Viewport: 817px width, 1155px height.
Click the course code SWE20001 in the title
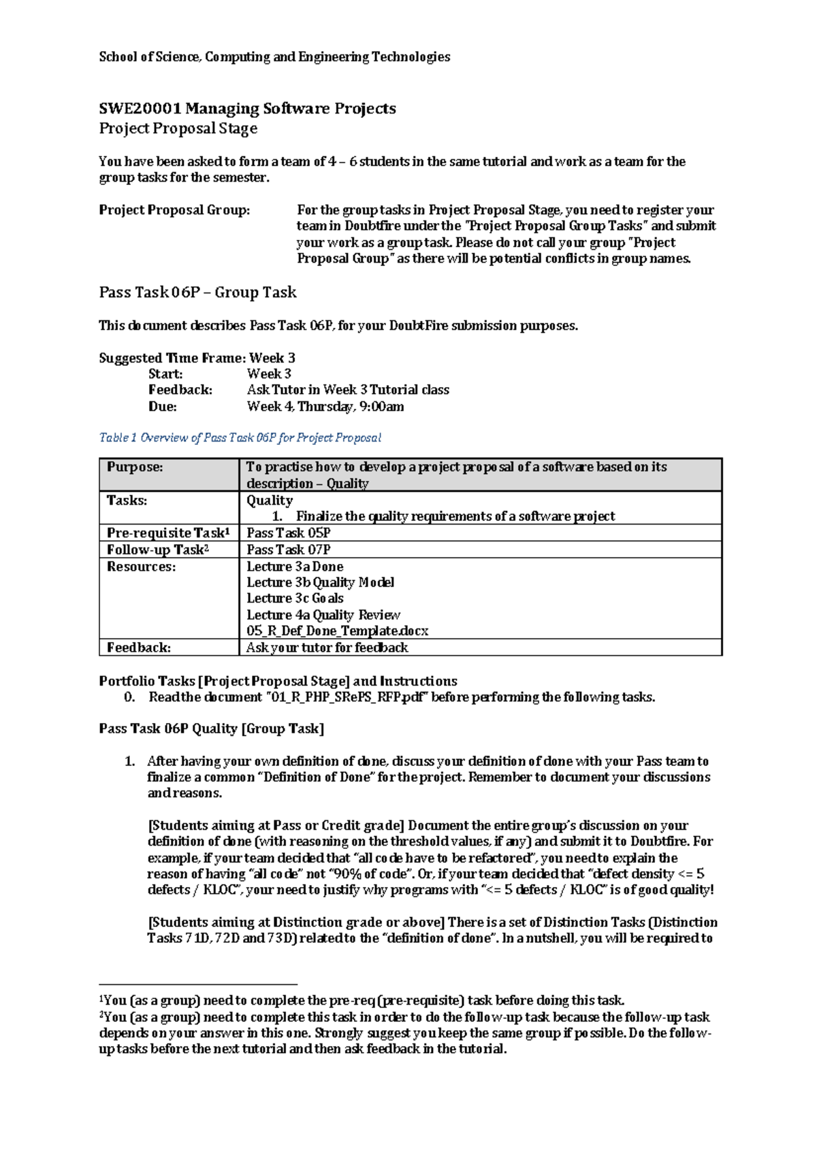[x=140, y=109]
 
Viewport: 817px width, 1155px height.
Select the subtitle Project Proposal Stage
[x=178, y=129]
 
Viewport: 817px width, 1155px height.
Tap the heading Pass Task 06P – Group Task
[x=197, y=292]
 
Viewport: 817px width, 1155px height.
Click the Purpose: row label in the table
[x=135, y=467]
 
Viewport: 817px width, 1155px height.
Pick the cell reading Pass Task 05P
[x=289, y=533]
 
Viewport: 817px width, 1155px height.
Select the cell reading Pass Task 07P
[x=289, y=550]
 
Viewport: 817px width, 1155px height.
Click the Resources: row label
[x=141, y=567]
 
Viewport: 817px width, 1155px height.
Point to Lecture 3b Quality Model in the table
[x=320, y=583]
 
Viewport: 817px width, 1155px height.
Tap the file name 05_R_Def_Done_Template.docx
[x=337, y=631]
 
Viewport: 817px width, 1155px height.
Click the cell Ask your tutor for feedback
[x=327, y=648]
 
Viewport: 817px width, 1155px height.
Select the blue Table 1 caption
[x=240, y=438]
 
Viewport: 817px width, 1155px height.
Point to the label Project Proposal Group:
[x=174, y=210]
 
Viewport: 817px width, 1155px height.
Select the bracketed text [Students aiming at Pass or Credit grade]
[x=276, y=826]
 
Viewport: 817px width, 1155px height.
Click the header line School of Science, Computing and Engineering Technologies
[x=274, y=57]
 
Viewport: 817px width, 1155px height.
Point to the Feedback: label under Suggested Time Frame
[x=180, y=390]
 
